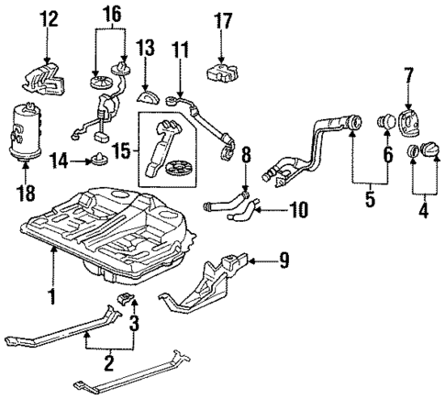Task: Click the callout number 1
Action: pyautogui.click(x=51, y=296)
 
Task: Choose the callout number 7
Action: pyautogui.click(x=409, y=73)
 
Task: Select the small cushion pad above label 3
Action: pyautogui.click(x=131, y=304)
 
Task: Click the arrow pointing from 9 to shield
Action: pyautogui.click(x=258, y=262)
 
